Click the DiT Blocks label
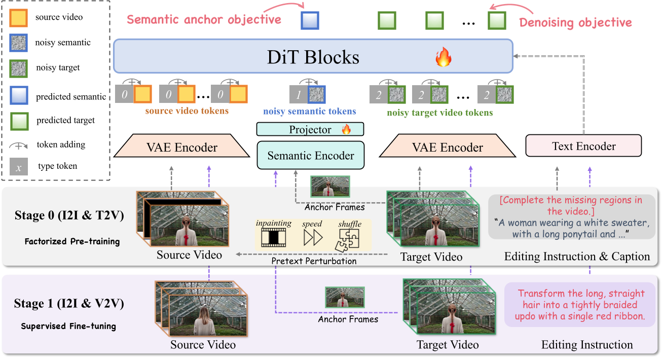[x=313, y=57]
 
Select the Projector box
[x=310, y=129]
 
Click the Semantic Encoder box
[x=310, y=155]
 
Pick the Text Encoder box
[x=583, y=146]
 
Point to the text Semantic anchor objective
[x=204, y=20]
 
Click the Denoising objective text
[x=576, y=22]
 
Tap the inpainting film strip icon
[x=274, y=237]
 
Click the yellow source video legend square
[x=19, y=18]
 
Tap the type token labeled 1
[x=298, y=94]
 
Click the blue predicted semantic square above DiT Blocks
[x=310, y=21]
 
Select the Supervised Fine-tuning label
[x=68, y=327]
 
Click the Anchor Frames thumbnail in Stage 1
[x=345, y=298]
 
